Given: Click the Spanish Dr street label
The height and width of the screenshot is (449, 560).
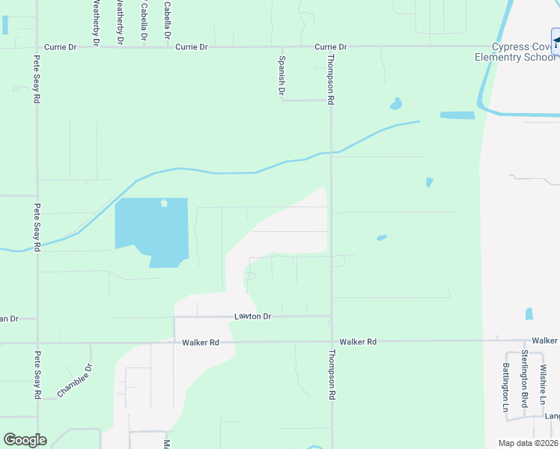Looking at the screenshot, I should (282, 76).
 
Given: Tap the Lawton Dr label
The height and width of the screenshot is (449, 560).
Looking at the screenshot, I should (251, 317).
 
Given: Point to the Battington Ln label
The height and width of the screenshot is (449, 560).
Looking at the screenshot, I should (507, 387).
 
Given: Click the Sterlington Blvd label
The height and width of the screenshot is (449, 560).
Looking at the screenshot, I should (526, 382).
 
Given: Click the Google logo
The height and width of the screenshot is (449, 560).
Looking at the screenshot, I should (25, 440).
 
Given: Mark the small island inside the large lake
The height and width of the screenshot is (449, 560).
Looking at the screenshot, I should (164, 203).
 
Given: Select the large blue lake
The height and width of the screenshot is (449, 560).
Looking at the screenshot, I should (150, 228).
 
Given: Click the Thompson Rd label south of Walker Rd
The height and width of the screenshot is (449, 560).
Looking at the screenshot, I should (331, 374).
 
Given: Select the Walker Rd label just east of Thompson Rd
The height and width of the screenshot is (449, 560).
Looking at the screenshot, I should (357, 342).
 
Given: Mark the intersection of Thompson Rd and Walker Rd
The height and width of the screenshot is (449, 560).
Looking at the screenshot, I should (332, 341).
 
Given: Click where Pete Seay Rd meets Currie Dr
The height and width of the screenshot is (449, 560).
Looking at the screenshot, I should (37, 46).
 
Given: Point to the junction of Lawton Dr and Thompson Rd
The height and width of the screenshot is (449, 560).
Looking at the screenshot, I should (332, 317).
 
